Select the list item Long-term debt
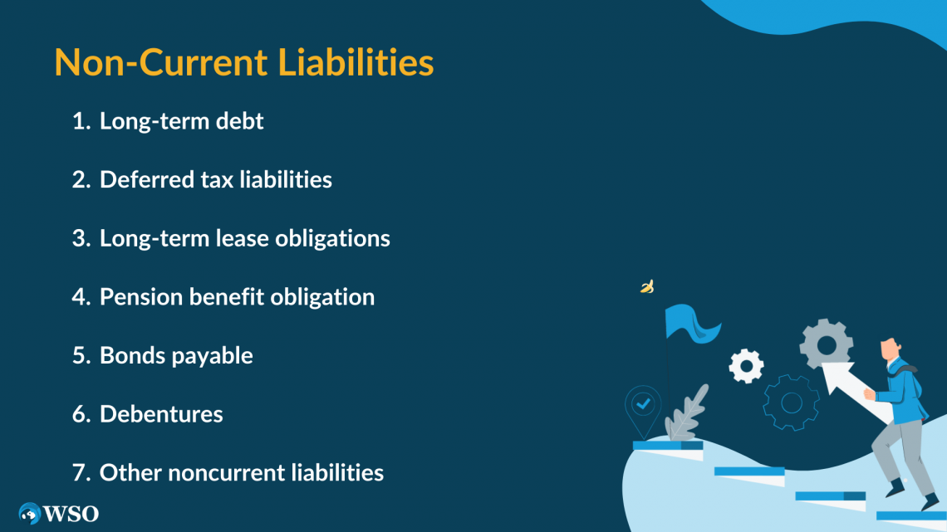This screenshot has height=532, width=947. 181,121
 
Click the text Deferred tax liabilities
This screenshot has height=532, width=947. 215,179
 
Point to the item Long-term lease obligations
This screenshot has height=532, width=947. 244,238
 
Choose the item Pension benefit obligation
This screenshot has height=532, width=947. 237,296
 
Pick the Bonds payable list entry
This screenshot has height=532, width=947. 176,355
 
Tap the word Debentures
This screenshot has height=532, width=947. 161,414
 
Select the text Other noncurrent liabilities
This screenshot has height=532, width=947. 241,473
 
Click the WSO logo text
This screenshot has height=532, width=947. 71,514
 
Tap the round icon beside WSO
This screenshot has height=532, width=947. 30,514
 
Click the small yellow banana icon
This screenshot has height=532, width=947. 647,287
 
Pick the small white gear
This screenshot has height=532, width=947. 746,365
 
